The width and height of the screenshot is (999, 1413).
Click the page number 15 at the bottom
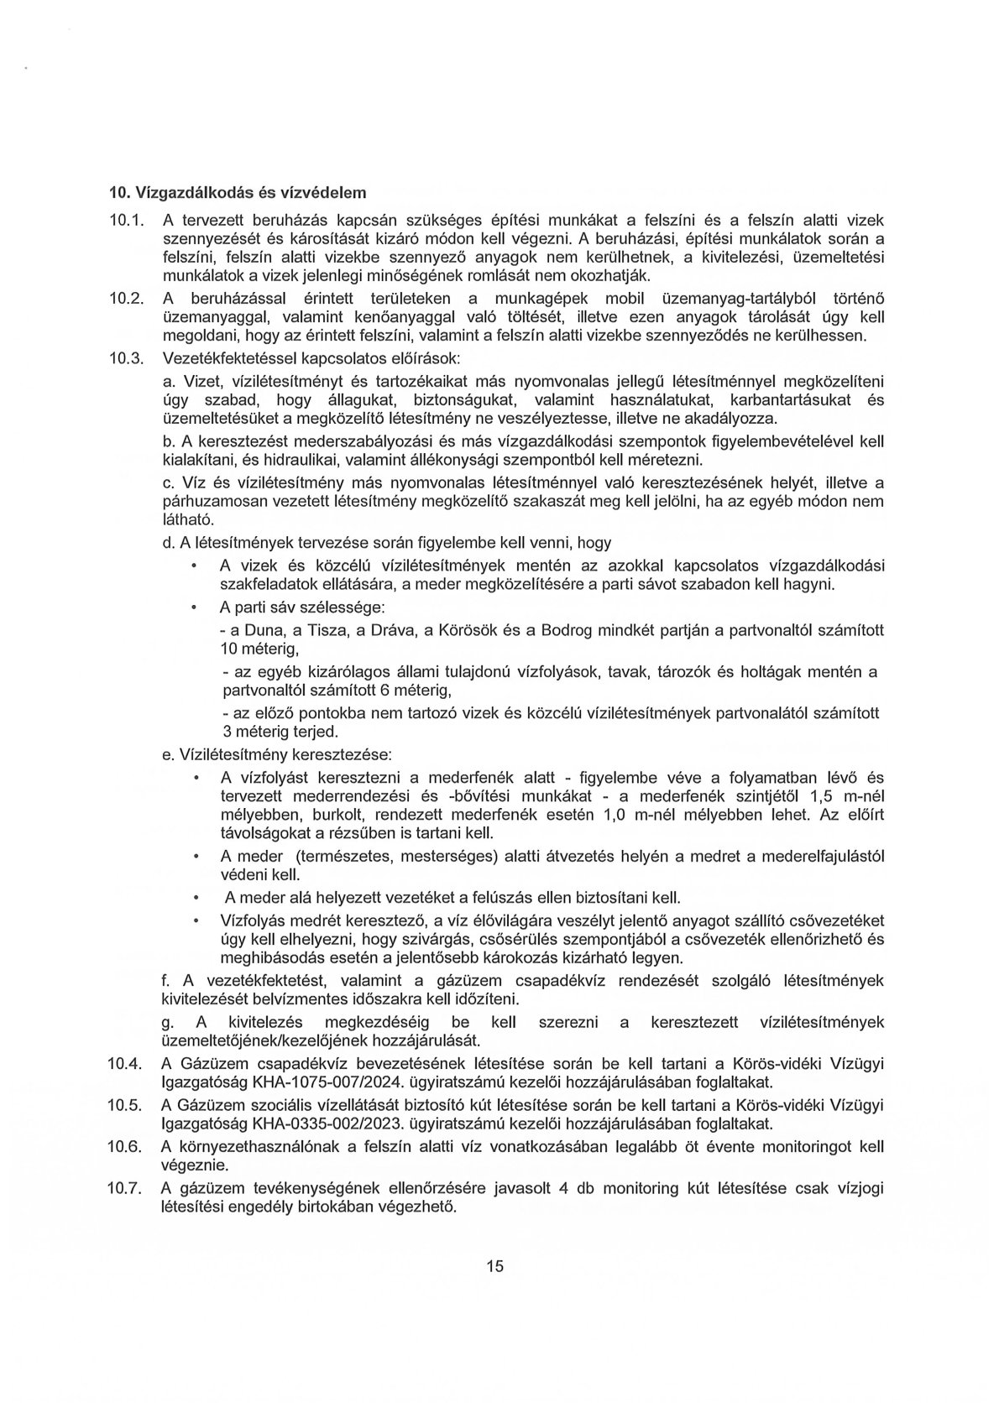494,1265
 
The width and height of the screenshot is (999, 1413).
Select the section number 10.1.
127,221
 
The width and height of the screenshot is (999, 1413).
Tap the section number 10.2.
127,300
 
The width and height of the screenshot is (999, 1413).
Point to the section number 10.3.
127,358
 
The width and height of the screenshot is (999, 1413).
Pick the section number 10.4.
127,1065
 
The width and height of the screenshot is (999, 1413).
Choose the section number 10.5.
127,1105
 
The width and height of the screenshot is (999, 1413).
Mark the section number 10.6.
127,1146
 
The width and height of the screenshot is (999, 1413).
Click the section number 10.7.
127,1188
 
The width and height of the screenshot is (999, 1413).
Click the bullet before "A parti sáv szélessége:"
195,606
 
